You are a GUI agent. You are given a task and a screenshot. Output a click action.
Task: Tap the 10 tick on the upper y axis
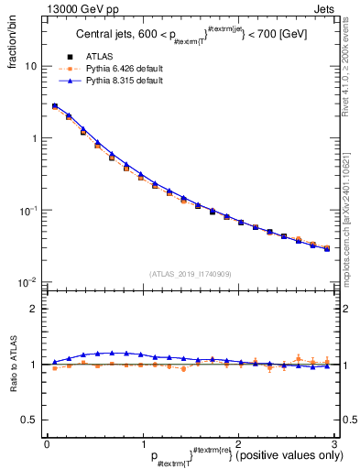30,67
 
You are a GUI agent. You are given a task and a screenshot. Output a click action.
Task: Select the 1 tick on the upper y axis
33,138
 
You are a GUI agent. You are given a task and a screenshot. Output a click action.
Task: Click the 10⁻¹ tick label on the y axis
28,210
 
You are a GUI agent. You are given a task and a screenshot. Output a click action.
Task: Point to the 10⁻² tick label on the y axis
28,281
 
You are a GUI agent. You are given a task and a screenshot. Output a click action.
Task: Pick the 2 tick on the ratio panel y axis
33,309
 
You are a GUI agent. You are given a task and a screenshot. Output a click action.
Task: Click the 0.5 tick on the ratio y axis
29,420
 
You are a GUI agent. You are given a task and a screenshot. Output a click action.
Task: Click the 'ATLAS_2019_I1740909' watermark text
190,274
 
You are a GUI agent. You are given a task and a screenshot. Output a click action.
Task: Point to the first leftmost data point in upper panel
54,107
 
